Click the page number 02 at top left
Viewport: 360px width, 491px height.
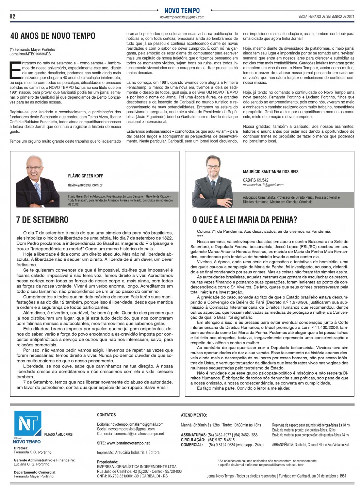[x=13, y=16]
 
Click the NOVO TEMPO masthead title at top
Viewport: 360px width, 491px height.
[x=182, y=11]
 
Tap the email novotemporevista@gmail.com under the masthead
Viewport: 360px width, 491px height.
[x=182, y=17]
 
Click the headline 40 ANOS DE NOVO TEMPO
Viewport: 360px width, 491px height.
[x=53, y=36]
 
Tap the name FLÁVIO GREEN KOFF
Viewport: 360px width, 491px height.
[x=85, y=176]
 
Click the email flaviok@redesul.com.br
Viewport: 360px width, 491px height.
[x=85, y=185]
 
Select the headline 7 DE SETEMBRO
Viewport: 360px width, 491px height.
[x=42, y=220]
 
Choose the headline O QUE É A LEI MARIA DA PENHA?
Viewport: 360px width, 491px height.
[x=245, y=220]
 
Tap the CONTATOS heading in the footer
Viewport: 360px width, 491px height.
[x=107, y=415]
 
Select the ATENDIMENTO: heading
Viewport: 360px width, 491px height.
[x=194, y=415]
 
